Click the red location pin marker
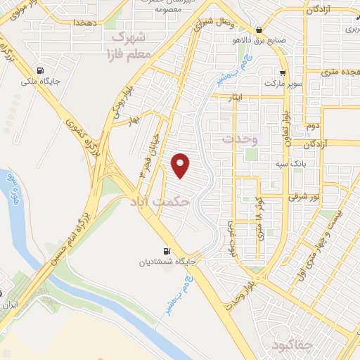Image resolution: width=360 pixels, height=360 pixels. (x=181, y=165)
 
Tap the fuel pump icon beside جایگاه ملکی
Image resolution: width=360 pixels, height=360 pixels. (x=39, y=70)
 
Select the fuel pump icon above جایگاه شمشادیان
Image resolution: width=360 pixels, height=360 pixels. (x=167, y=250)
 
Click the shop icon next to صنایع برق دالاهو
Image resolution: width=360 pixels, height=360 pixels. (x=259, y=30)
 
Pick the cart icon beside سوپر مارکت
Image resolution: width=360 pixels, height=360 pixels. (x=282, y=72)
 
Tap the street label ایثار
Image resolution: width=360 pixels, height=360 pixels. (x=240, y=96)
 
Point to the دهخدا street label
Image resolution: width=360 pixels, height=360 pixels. (x=85, y=22)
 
